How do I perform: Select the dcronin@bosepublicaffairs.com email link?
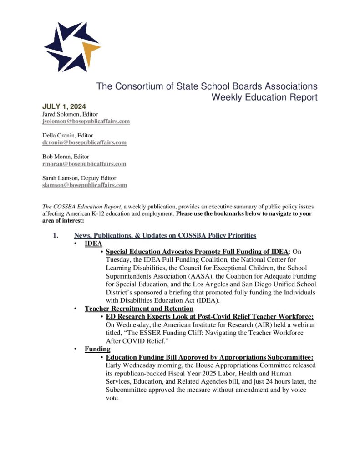pos(84,142)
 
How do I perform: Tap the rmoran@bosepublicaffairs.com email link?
pos(84,164)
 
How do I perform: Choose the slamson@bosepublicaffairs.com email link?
pos(85,185)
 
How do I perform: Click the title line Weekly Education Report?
pos(264,97)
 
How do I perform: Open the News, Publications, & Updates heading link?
pos(165,235)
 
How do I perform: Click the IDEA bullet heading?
pos(93,243)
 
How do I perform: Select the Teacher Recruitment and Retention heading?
pos(139,309)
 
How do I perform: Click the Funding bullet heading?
pos(97,349)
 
